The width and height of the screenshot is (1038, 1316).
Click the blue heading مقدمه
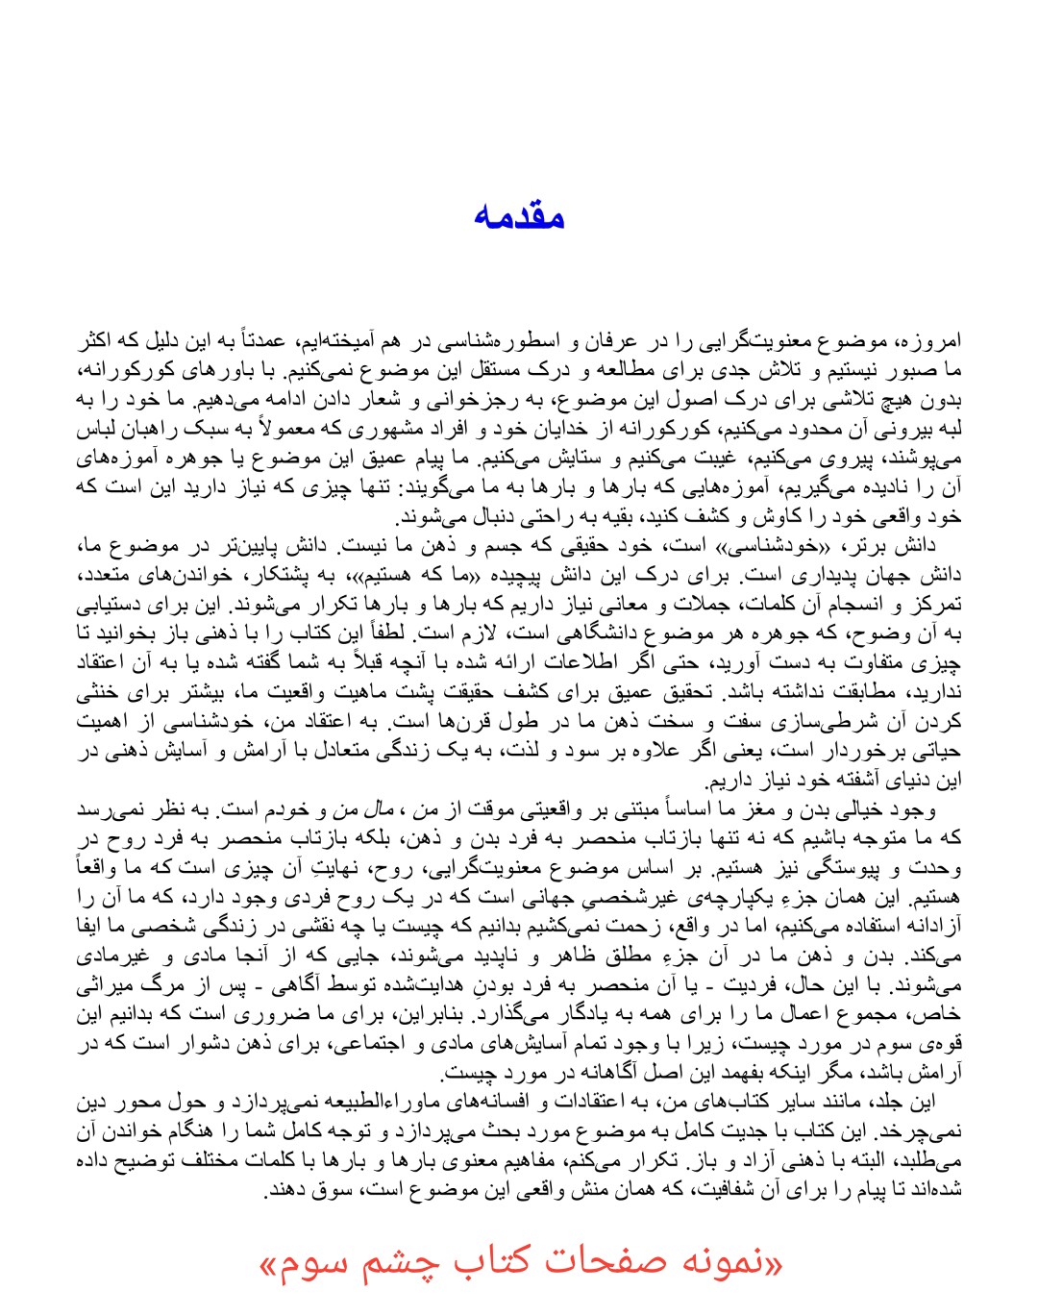click(x=519, y=215)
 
